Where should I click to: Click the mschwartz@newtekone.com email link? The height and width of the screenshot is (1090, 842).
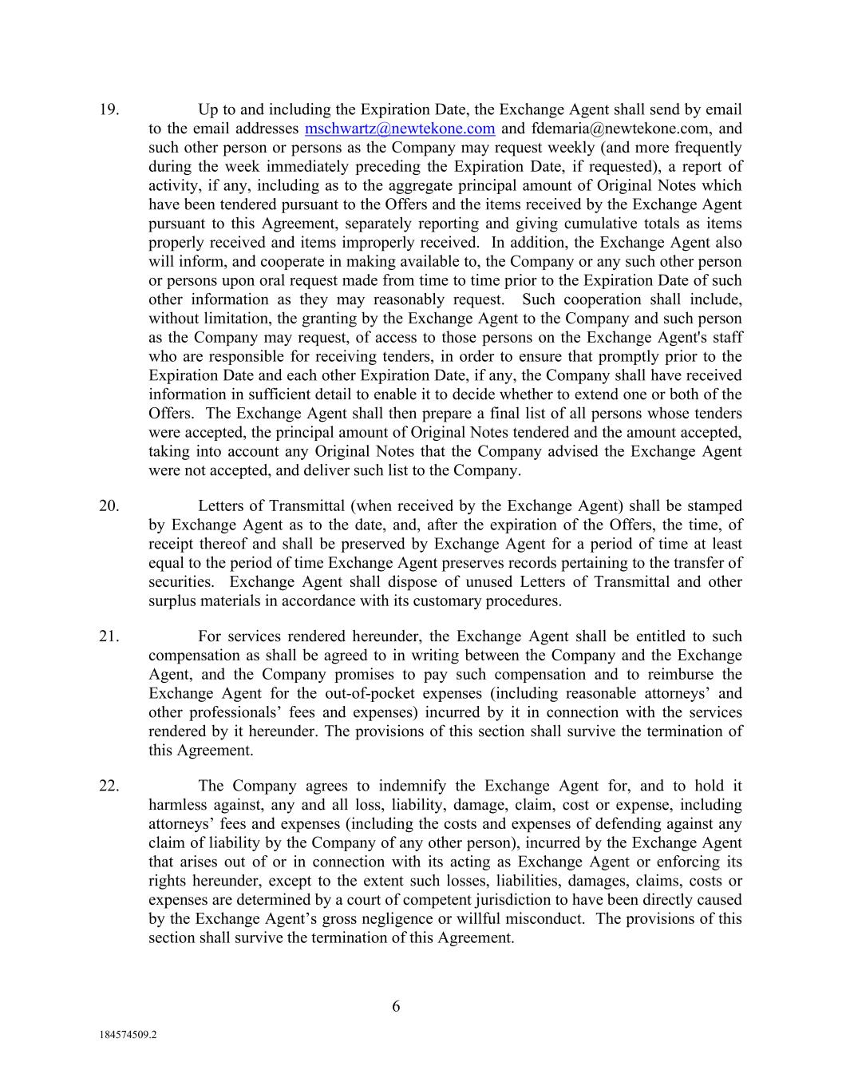click(400, 129)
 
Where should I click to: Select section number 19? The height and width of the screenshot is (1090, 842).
click(109, 110)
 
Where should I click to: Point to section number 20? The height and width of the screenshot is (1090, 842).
click(109, 506)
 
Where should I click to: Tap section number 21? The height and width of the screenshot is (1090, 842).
click(109, 637)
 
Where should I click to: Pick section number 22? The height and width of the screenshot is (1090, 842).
click(109, 787)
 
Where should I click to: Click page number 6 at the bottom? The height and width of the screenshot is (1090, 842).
click(396, 1007)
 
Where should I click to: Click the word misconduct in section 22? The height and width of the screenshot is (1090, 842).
click(540, 919)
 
